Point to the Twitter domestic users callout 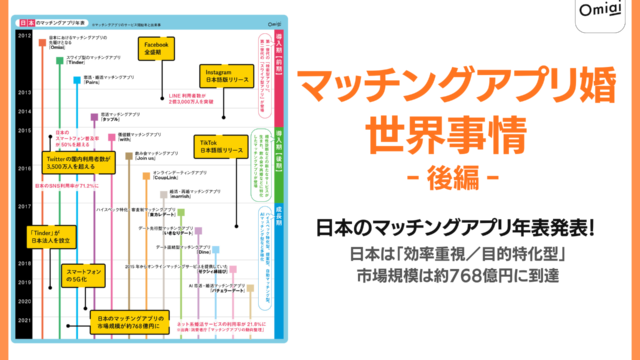pyautogui.click(x=73, y=168)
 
